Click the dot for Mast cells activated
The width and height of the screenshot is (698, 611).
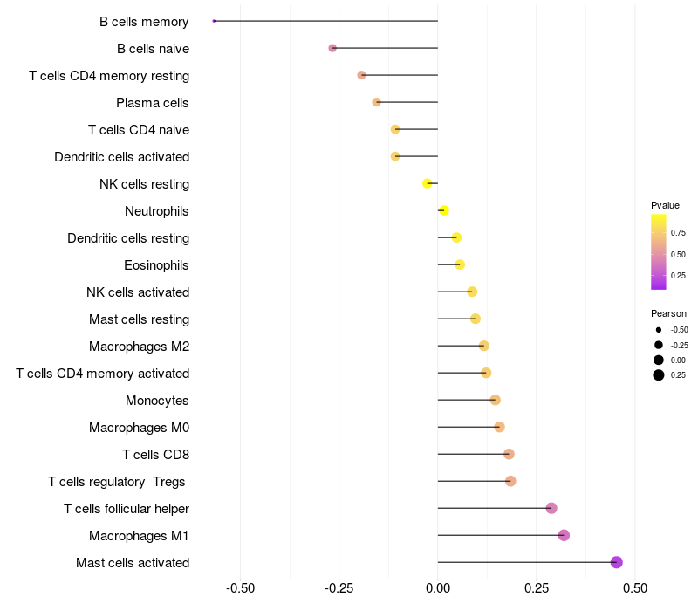pyautogui.click(x=617, y=562)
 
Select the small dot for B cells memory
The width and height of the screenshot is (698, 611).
pyautogui.click(x=214, y=21)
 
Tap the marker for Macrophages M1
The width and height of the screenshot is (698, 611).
pyautogui.click(x=564, y=535)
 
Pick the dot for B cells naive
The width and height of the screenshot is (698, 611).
pyautogui.click(x=332, y=48)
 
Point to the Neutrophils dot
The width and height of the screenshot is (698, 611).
pyautogui.click(x=443, y=210)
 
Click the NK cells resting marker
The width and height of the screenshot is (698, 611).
pyautogui.click(x=428, y=183)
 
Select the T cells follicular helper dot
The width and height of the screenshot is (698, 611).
pyautogui.click(x=551, y=508)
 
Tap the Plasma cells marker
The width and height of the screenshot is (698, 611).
pyautogui.click(x=377, y=102)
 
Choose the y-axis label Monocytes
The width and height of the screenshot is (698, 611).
pyautogui.click(x=157, y=401)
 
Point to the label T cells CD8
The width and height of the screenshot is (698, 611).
pyautogui.click(x=155, y=455)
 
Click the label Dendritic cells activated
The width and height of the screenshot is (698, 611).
pyautogui.click(x=122, y=157)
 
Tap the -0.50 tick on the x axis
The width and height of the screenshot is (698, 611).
pyautogui.click(x=240, y=588)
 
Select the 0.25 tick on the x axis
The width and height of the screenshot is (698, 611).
pyautogui.click(x=537, y=588)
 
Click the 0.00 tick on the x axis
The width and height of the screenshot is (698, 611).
pyautogui.click(x=438, y=588)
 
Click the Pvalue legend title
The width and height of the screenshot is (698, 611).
pyautogui.click(x=665, y=205)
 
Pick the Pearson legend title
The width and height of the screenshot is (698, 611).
pyautogui.click(x=668, y=313)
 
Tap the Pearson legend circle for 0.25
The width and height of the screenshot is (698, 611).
pyautogui.click(x=659, y=375)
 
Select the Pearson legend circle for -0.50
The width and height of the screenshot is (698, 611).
pyautogui.click(x=659, y=330)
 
